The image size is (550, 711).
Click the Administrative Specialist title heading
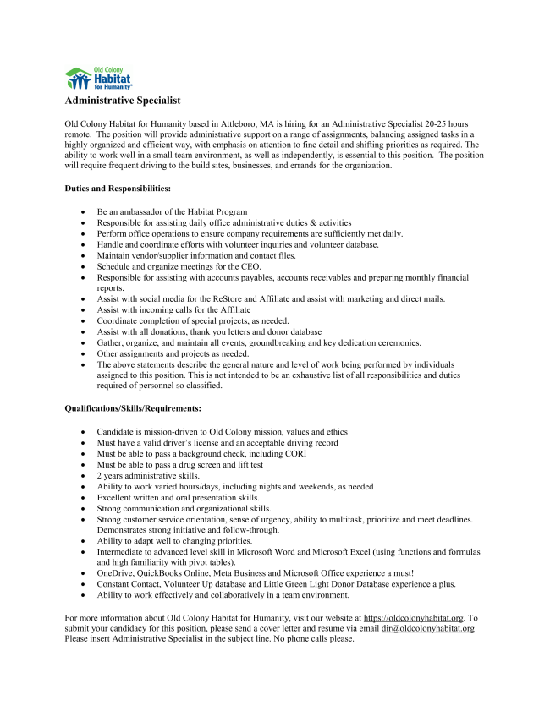pos(123,101)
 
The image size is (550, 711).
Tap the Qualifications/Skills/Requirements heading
pos(133,408)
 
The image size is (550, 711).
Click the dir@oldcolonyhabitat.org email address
pos(427,629)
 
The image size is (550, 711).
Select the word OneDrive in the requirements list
pos(114,572)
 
